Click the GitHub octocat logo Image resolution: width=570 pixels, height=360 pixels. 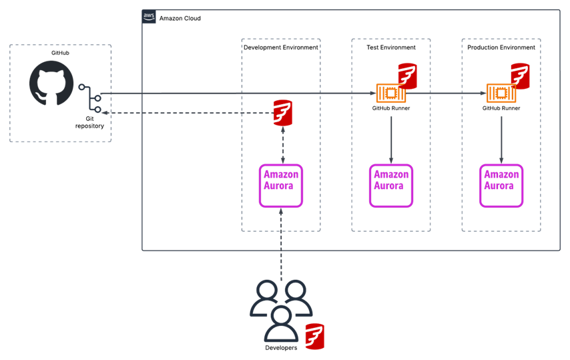click(x=51, y=83)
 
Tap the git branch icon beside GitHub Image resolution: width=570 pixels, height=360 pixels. click(x=91, y=98)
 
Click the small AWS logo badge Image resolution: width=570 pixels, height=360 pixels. click(x=149, y=16)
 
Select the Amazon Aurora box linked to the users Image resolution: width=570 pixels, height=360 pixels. click(x=281, y=186)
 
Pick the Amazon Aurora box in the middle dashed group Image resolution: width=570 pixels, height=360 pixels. click(x=391, y=186)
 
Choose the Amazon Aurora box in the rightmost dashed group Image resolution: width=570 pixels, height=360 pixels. click(x=501, y=186)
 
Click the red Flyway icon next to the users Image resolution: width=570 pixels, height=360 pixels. click(x=314, y=336)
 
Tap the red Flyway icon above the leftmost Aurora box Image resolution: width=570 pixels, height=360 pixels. click(x=283, y=113)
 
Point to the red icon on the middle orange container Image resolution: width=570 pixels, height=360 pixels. click(x=407, y=75)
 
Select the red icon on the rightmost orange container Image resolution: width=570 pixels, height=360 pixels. click(x=520, y=75)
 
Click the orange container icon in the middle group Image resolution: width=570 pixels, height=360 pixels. click(x=390, y=94)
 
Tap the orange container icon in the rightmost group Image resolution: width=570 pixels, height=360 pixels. click(x=501, y=94)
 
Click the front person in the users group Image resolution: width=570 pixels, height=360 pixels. click(x=281, y=324)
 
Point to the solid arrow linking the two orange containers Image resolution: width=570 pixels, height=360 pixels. click(x=446, y=94)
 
